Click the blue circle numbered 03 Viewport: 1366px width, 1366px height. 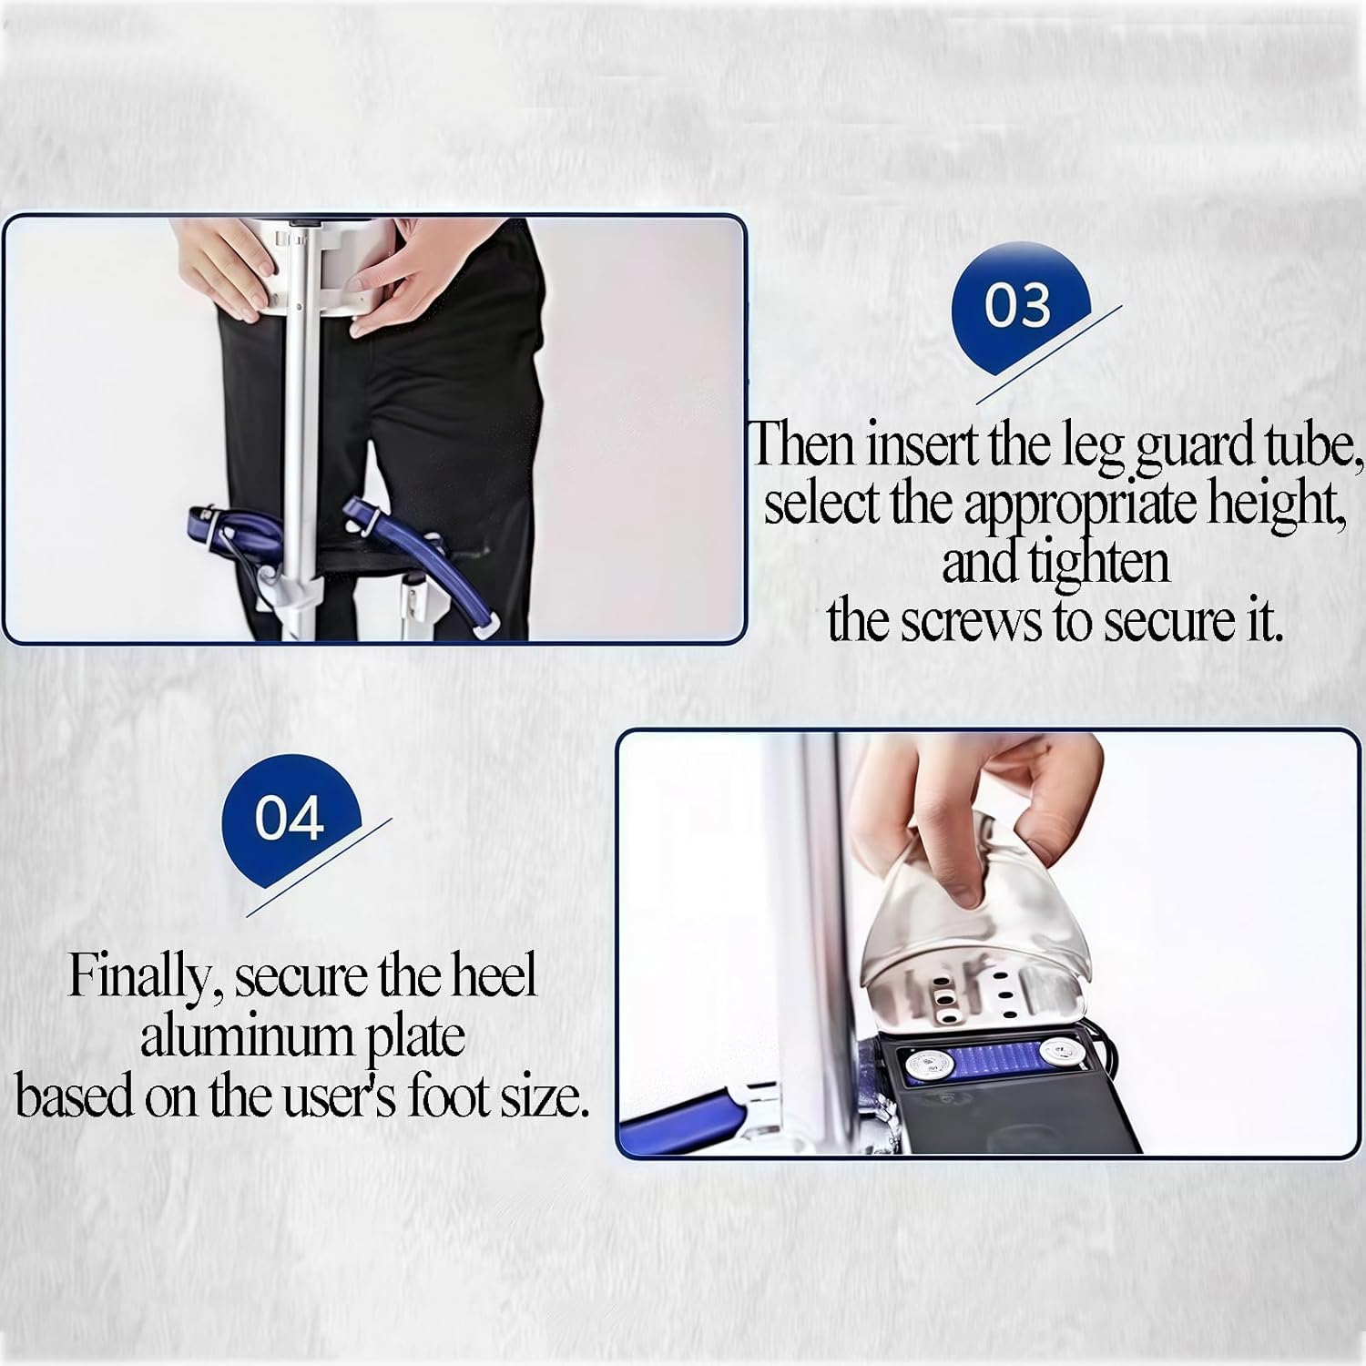[x=1020, y=308]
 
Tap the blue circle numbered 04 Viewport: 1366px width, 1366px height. [x=290, y=818]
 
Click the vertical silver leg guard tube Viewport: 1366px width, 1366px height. [x=297, y=437]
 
